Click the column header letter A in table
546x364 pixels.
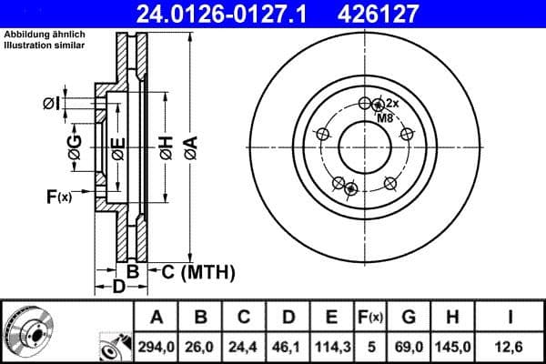156,317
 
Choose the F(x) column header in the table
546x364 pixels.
370,317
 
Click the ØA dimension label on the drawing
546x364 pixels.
189,145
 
